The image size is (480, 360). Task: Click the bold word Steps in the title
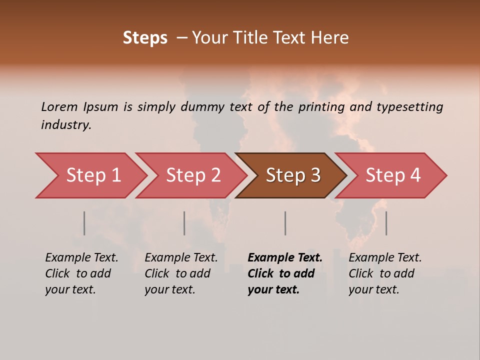click(x=145, y=38)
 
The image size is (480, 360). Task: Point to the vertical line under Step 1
click(x=84, y=223)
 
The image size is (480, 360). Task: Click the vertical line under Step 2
click(x=184, y=223)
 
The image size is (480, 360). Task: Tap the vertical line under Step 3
click(x=285, y=223)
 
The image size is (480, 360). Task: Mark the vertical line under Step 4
click(x=386, y=223)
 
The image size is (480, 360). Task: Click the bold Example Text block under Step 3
click(x=284, y=273)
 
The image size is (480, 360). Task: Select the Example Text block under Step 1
click(x=81, y=273)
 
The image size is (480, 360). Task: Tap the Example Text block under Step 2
click(x=181, y=273)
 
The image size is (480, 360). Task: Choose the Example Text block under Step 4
click(x=385, y=273)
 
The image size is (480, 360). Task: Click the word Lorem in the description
click(x=59, y=107)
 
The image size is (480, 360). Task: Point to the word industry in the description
click(x=65, y=125)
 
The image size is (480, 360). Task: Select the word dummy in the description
click(x=203, y=107)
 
